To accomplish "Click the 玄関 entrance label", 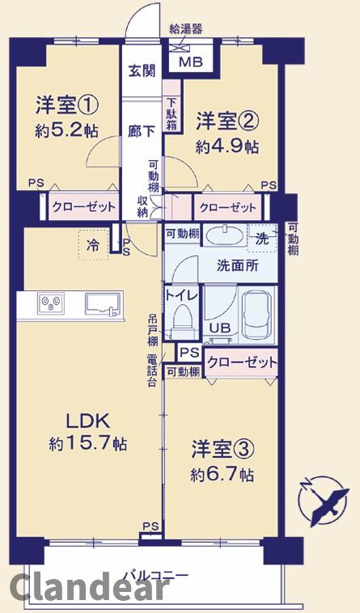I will (x=142, y=70).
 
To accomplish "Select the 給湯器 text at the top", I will (x=186, y=29).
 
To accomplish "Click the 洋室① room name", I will (x=67, y=105).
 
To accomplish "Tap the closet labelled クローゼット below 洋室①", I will (x=83, y=208).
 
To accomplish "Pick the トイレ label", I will (x=181, y=295).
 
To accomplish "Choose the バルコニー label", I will (x=156, y=575).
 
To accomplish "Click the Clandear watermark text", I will (x=89, y=588).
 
